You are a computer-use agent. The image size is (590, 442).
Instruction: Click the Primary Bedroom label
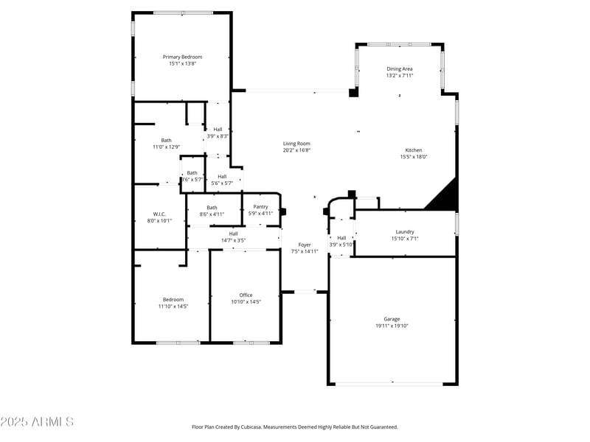tap(182, 57)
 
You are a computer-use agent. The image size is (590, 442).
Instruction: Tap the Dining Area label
tap(400, 69)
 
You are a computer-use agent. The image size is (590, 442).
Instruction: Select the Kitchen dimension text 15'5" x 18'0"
tap(414, 156)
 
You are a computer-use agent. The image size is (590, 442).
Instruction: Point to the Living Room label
tap(296, 144)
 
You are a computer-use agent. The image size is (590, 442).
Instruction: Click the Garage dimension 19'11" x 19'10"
tap(392, 326)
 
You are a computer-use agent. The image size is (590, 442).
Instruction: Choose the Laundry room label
tap(405, 231)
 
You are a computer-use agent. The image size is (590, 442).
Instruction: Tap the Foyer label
tap(304, 245)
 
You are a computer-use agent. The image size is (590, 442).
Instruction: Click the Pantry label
tap(260, 207)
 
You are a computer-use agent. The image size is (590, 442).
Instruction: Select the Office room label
tap(246, 295)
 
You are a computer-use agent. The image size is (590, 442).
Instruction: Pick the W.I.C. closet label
tap(159, 214)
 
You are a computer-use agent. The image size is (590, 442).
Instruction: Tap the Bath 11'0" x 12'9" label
tap(166, 140)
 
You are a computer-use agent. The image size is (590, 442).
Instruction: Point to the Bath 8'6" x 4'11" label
tap(212, 207)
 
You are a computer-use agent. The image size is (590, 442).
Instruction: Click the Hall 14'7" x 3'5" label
tap(233, 234)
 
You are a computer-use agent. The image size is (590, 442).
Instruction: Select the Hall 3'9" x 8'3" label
tap(218, 129)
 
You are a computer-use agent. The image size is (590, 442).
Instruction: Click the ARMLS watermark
tap(37, 422)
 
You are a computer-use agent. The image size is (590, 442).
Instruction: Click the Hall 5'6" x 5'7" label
tap(222, 176)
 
